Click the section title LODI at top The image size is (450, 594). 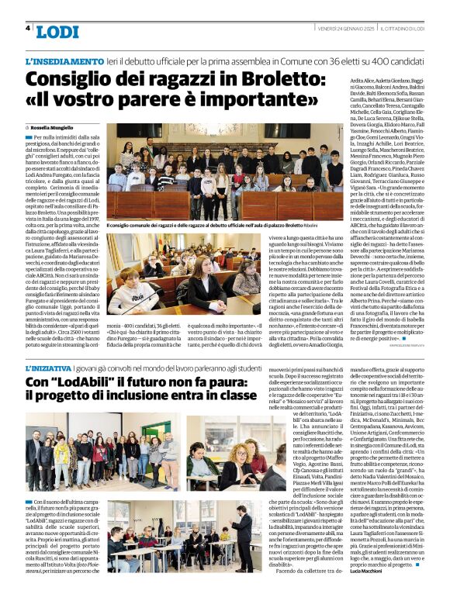click(x=58, y=30)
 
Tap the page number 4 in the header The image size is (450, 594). click(x=28, y=28)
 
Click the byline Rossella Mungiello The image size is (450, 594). click(x=55, y=126)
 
